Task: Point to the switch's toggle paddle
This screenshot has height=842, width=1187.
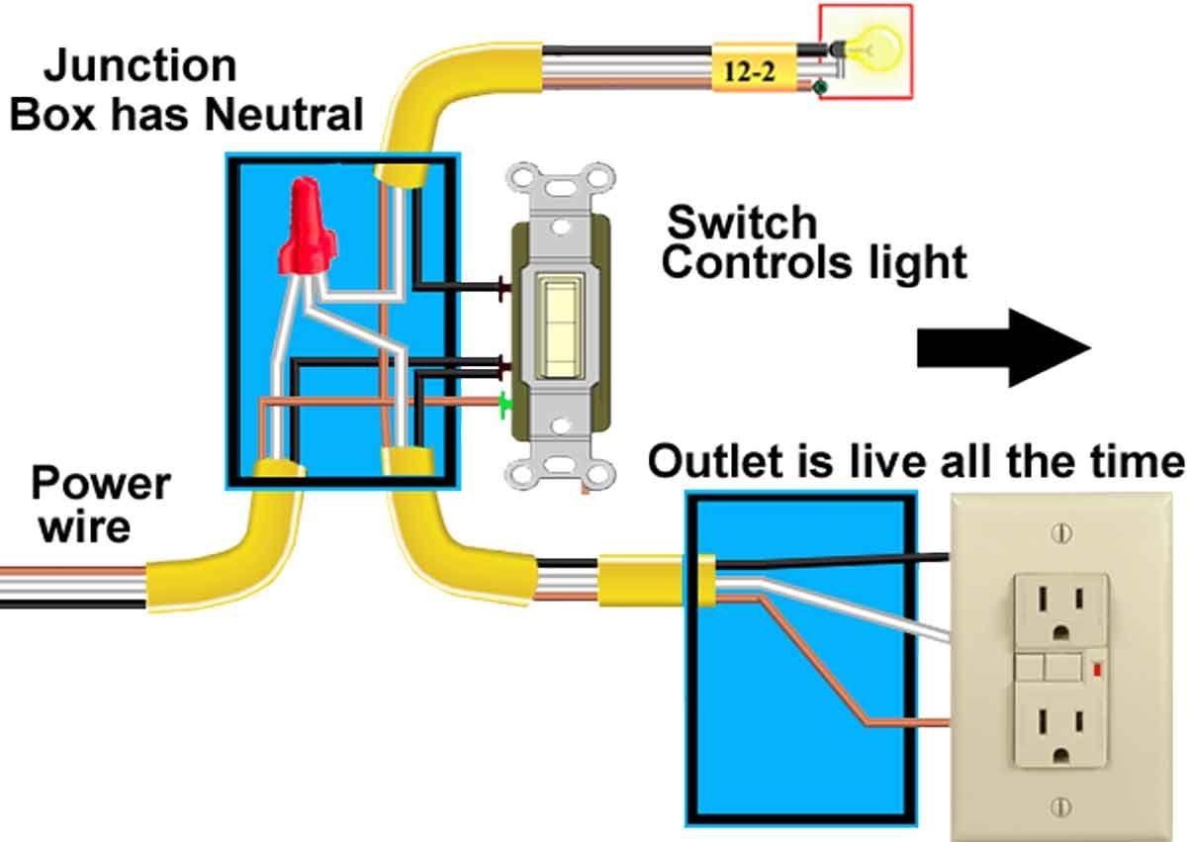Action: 560,327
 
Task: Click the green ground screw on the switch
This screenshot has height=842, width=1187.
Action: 505,404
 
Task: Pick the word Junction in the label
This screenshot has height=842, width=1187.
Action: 140,67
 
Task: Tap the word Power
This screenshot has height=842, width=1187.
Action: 101,485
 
